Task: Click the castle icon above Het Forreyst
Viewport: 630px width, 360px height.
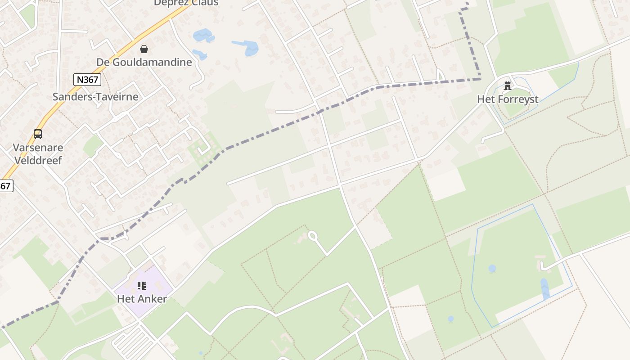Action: tap(508, 85)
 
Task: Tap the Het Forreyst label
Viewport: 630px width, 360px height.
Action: tap(508, 99)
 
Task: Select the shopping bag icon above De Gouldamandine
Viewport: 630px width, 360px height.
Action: tap(144, 49)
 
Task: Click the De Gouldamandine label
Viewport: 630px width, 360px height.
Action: tap(144, 62)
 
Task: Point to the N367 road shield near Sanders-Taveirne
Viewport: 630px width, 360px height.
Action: tap(87, 80)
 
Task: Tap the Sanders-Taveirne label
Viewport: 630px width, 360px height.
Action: tap(95, 96)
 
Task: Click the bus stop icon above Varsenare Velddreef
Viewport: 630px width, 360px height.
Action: tap(38, 134)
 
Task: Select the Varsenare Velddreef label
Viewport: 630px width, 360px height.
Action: tap(38, 153)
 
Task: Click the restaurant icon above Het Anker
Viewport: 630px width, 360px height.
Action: tap(142, 285)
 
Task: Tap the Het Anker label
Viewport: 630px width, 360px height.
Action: tap(142, 299)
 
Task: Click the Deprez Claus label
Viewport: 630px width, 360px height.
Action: tap(186, 3)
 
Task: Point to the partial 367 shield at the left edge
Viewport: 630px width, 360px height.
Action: tap(5, 185)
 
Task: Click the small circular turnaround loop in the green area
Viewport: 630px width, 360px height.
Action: tap(312, 235)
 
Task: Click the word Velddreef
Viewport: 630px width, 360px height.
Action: tap(38, 160)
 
